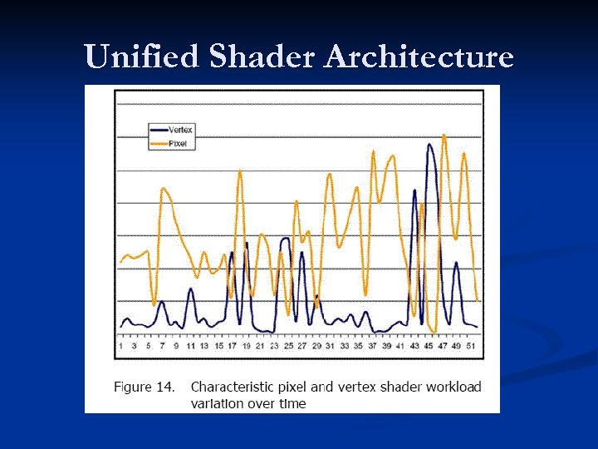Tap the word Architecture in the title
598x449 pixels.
(x=419, y=57)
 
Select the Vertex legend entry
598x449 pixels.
(x=179, y=130)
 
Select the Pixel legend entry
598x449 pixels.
(x=177, y=143)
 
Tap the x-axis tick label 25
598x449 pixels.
(x=288, y=345)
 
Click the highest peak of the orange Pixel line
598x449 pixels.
(x=444, y=135)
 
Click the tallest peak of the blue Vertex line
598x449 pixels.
(x=429, y=145)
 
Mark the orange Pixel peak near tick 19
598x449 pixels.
(x=240, y=171)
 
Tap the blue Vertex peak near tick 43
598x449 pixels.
(x=414, y=190)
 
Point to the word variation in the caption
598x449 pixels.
(x=218, y=403)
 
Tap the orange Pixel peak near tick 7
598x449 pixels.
(x=164, y=190)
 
